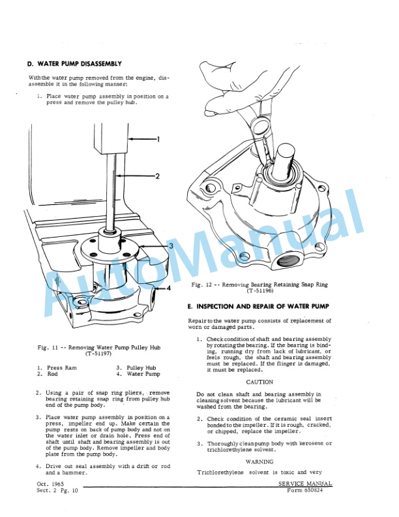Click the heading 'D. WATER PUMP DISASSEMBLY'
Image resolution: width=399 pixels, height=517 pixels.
coord(74,64)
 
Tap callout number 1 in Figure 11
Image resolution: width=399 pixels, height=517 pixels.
coord(158,138)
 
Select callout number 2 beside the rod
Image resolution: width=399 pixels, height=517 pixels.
coord(158,176)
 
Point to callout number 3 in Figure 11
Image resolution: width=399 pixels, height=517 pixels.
coord(170,245)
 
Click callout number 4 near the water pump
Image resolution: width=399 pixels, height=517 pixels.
coord(168,287)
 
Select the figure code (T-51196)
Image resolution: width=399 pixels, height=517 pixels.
coord(261,292)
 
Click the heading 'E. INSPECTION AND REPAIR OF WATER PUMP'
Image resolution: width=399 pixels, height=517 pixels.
coord(258,306)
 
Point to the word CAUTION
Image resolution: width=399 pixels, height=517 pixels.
coord(259,382)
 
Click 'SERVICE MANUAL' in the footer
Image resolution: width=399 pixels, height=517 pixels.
coord(306,484)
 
